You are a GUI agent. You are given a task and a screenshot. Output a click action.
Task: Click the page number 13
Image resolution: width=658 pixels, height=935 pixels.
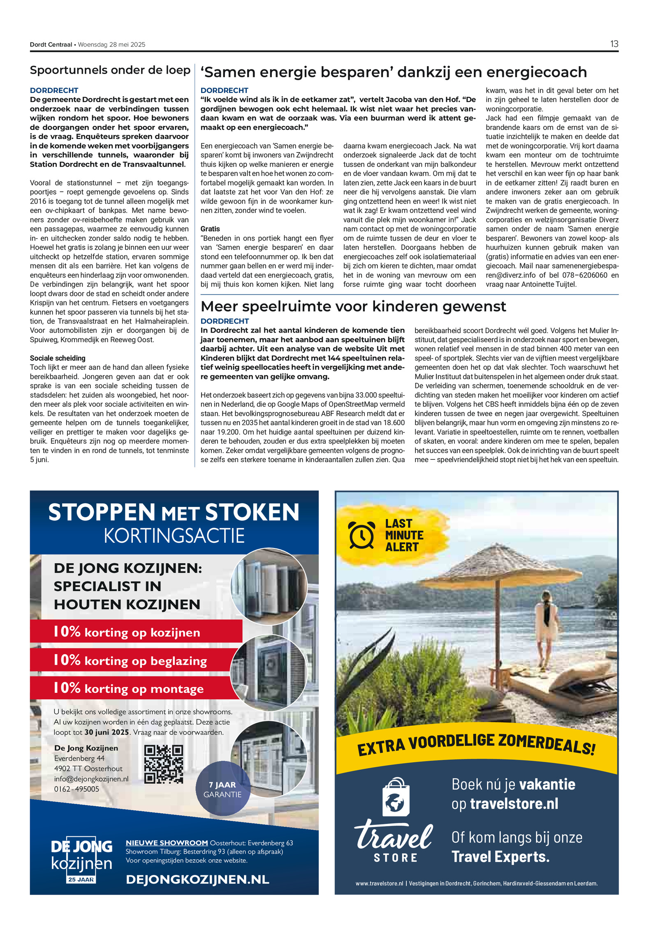click(614, 44)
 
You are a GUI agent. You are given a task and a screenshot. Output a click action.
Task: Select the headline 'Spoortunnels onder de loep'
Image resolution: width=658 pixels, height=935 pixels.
click(110, 70)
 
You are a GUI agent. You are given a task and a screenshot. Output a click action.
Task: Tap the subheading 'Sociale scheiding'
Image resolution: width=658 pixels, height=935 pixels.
click(58, 358)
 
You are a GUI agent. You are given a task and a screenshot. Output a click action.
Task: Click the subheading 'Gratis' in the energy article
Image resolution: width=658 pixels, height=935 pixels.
click(210, 229)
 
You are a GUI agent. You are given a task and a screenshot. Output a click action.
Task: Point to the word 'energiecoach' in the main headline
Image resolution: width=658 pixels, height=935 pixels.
click(536, 72)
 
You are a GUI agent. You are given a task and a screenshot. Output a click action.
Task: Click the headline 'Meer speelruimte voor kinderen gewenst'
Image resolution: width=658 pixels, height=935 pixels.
click(353, 306)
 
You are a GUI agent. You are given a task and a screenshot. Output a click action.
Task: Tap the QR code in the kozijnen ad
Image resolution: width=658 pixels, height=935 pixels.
click(164, 764)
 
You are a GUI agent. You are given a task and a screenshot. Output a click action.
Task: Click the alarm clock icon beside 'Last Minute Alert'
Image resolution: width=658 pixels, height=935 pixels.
click(361, 535)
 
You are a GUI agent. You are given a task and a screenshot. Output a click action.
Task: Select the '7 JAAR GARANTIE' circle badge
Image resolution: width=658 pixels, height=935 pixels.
click(222, 790)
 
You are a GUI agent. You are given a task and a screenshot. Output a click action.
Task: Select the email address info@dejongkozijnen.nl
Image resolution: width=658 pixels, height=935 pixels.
click(91, 779)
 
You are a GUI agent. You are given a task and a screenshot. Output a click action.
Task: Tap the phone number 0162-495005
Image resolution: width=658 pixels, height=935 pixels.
click(76, 789)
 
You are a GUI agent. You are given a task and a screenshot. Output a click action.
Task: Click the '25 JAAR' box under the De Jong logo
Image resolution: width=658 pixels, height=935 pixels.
click(81, 879)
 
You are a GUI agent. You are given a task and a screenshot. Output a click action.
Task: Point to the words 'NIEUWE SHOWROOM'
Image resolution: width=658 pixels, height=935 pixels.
click(167, 843)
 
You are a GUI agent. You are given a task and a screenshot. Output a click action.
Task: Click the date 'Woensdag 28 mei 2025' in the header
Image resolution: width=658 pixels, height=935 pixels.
click(111, 44)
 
